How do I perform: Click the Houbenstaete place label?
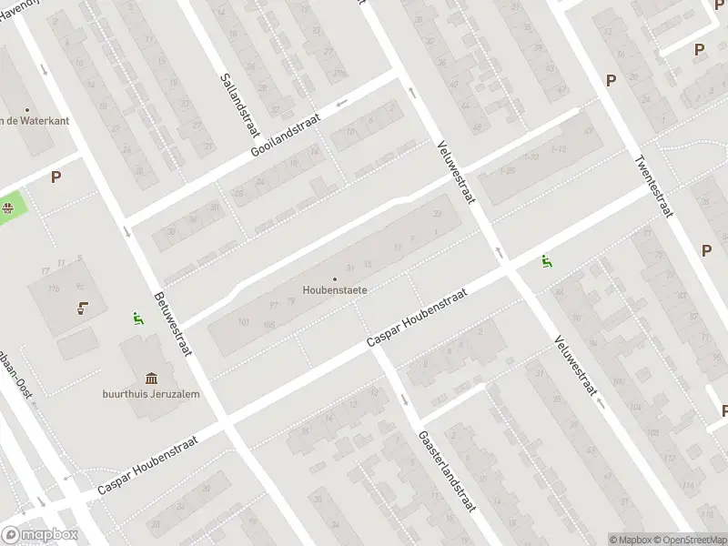pyautogui.click(x=335, y=291)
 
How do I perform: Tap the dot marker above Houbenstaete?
pyautogui.click(x=335, y=278)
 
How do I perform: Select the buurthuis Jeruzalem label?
pyautogui.click(x=150, y=394)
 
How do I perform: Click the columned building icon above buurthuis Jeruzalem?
pyautogui.click(x=150, y=378)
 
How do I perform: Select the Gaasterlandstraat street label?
pyautogui.click(x=448, y=470)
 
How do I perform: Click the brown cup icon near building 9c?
pyautogui.click(x=83, y=308)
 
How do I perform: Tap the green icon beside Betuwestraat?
pyautogui.click(x=137, y=318)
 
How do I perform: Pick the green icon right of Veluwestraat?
pyautogui.click(x=546, y=262)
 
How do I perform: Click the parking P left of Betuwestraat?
pyautogui.click(x=56, y=177)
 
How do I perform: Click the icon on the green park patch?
pyautogui.click(x=8, y=207)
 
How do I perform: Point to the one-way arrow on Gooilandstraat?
pyautogui.click(x=341, y=102)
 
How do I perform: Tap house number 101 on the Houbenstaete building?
pyautogui.click(x=243, y=321)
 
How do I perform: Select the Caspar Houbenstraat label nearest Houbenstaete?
pyautogui.click(x=417, y=318)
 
